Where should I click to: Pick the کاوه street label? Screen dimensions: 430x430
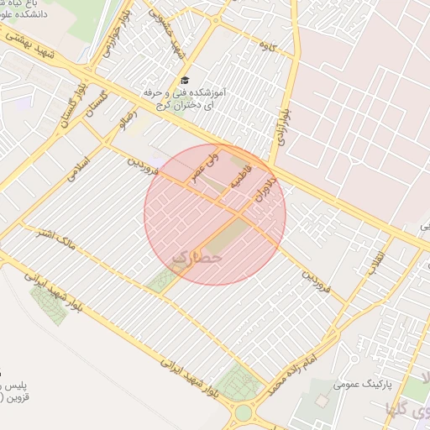click(x=268, y=43)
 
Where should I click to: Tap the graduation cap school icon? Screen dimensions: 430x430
click(x=185, y=79)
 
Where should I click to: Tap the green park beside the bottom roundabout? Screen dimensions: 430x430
click(x=239, y=382)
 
